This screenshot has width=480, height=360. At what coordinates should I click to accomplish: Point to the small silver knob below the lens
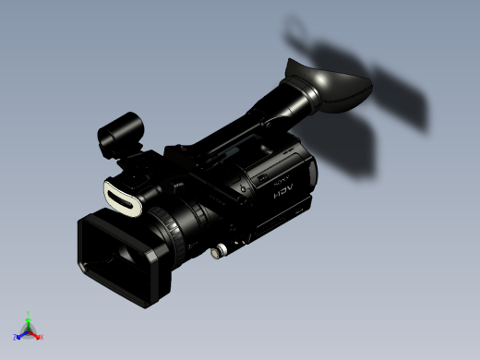pyautogui.click(x=220, y=250)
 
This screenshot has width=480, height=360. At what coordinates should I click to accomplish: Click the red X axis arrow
pyautogui.click(x=36, y=334)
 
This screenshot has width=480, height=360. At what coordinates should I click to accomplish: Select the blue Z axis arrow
pyautogui.click(x=21, y=334)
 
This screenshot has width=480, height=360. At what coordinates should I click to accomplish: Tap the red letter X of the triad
pyautogui.click(x=42, y=337)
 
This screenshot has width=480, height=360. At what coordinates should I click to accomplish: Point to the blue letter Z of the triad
pyautogui.click(x=15, y=337)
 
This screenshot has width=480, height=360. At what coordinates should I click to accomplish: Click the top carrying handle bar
pyautogui.click(x=222, y=138)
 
